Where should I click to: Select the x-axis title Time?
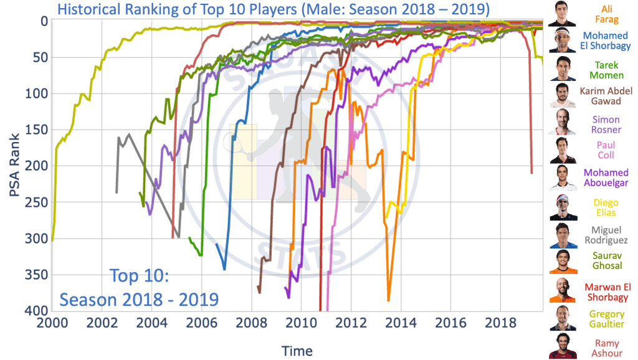[297, 351]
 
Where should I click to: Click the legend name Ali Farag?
[606, 14]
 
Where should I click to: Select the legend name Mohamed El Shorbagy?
[606, 41]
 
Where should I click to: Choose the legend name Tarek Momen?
[606, 69]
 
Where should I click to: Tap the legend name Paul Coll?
[606, 149]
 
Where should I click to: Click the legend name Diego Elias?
[606, 208]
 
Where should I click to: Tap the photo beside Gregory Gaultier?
[563, 318]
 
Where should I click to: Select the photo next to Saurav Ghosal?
[563, 262]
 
